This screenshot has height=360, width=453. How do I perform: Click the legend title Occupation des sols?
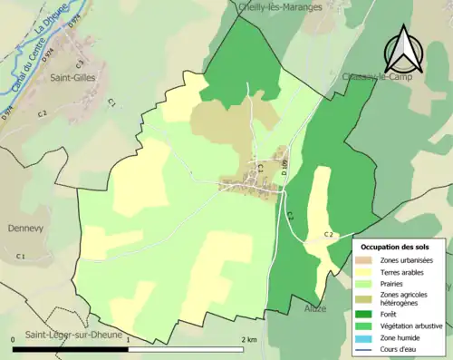pyautogui.click(x=396, y=247)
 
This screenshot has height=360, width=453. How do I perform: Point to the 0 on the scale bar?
pyautogui.click(x=14, y=338)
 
